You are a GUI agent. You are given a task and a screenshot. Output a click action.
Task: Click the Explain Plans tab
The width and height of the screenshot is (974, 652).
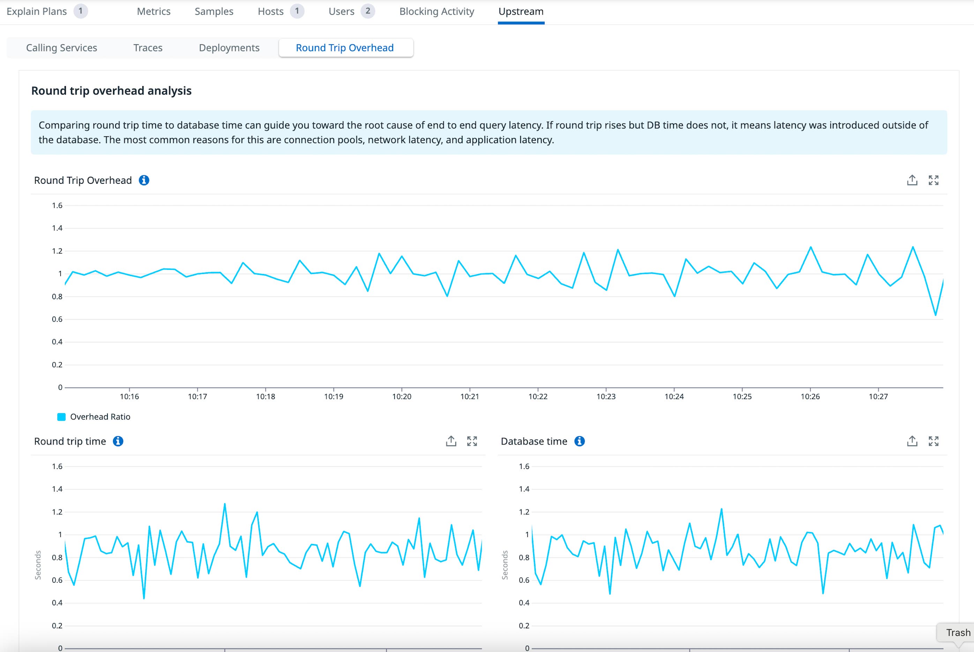click(x=37, y=11)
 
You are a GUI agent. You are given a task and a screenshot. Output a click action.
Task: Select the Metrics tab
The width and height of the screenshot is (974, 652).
click(x=153, y=11)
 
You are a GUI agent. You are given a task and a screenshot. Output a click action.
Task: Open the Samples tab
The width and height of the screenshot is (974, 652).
click(x=214, y=11)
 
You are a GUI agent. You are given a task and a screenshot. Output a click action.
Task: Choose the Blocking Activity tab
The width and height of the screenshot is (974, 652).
click(x=436, y=11)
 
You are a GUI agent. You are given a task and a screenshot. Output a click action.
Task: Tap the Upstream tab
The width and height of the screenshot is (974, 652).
click(x=521, y=11)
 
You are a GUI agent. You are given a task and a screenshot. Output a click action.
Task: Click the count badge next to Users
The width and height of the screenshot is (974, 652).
click(x=368, y=11)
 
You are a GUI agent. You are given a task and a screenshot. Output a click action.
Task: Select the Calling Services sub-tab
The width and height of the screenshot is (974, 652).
click(x=62, y=48)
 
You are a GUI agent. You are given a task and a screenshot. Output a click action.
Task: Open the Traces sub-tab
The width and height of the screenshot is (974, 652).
click(x=148, y=48)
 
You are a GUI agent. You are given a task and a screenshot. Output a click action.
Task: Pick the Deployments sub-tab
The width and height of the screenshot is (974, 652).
click(x=229, y=48)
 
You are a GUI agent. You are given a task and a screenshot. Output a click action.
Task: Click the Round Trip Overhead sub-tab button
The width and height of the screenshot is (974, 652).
click(x=345, y=48)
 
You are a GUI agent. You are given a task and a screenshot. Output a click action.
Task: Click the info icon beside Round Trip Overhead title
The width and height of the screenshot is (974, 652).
click(x=144, y=180)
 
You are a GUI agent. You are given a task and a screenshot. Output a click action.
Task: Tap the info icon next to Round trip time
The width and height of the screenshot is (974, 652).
click(x=118, y=441)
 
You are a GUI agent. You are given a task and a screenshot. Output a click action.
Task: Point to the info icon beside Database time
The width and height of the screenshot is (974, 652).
click(x=579, y=441)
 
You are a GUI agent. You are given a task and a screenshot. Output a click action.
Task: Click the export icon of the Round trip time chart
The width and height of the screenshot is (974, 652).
click(x=451, y=441)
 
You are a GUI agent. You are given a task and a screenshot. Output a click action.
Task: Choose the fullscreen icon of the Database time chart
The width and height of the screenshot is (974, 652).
click(x=933, y=441)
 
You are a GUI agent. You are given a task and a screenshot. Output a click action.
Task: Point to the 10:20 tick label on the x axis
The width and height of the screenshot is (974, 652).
click(x=402, y=397)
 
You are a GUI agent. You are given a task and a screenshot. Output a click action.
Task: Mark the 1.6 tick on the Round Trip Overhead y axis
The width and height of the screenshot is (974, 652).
click(x=57, y=205)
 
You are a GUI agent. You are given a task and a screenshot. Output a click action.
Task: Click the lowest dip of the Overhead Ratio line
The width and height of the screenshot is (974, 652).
click(x=936, y=315)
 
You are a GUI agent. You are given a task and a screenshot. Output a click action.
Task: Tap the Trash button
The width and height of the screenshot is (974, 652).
click(x=958, y=632)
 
